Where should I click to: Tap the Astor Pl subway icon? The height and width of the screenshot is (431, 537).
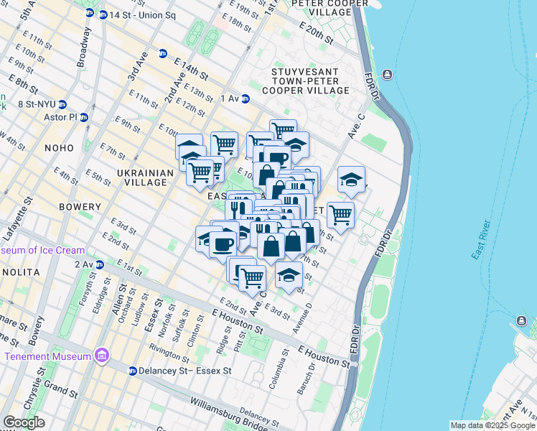point(84,117)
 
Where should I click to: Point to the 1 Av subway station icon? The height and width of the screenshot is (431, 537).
point(245,98)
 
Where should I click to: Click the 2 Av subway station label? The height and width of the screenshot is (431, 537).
point(84,264)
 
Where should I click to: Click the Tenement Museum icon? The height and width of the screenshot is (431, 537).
point(101,356)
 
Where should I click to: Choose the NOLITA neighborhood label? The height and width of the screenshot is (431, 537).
point(20,273)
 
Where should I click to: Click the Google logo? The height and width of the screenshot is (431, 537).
point(24,422)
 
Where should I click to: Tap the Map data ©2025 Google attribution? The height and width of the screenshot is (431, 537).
point(492,425)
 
